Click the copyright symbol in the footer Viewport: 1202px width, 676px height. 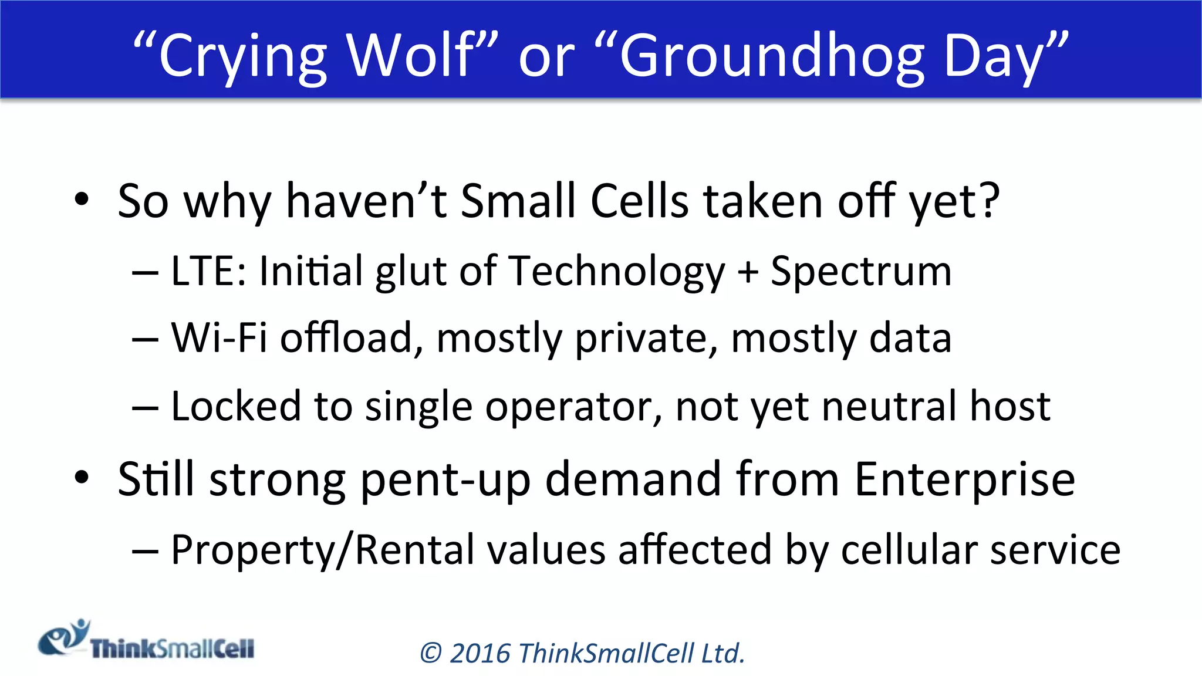(x=431, y=654)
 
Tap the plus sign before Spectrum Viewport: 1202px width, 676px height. (x=748, y=272)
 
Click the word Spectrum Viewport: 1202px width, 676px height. (x=861, y=272)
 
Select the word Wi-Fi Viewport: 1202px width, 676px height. (x=218, y=338)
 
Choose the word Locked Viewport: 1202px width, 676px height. (x=235, y=406)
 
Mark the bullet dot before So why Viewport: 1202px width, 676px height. (x=82, y=200)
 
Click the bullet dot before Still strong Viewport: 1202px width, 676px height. (x=82, y=478)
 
